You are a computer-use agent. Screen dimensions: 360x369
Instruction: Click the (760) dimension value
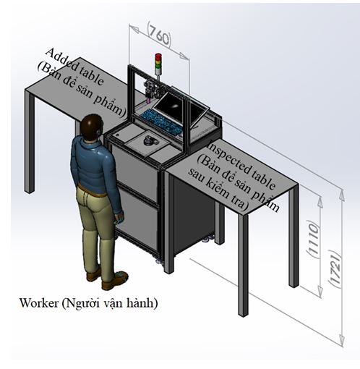coord(159,35)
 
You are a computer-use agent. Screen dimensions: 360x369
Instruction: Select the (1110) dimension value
coord(313,239)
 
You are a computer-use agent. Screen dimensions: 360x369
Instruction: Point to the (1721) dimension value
coord(335,268)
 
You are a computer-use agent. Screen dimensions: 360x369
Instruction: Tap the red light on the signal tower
coord(158,56)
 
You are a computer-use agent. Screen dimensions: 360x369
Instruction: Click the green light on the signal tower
coord(158,65)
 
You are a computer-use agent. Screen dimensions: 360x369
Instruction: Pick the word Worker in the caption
coord(39,303)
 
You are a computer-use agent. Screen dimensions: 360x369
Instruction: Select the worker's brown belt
coord(92,190)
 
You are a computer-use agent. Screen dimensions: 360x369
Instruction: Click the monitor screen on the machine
coord(169,106)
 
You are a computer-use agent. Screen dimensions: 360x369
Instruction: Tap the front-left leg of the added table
coord(30,142)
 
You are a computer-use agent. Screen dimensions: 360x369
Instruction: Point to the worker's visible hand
coord(120,218)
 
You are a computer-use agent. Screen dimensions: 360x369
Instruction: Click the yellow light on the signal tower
coord(158,61)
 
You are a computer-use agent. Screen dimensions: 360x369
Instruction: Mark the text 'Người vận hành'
coord(110,303)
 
